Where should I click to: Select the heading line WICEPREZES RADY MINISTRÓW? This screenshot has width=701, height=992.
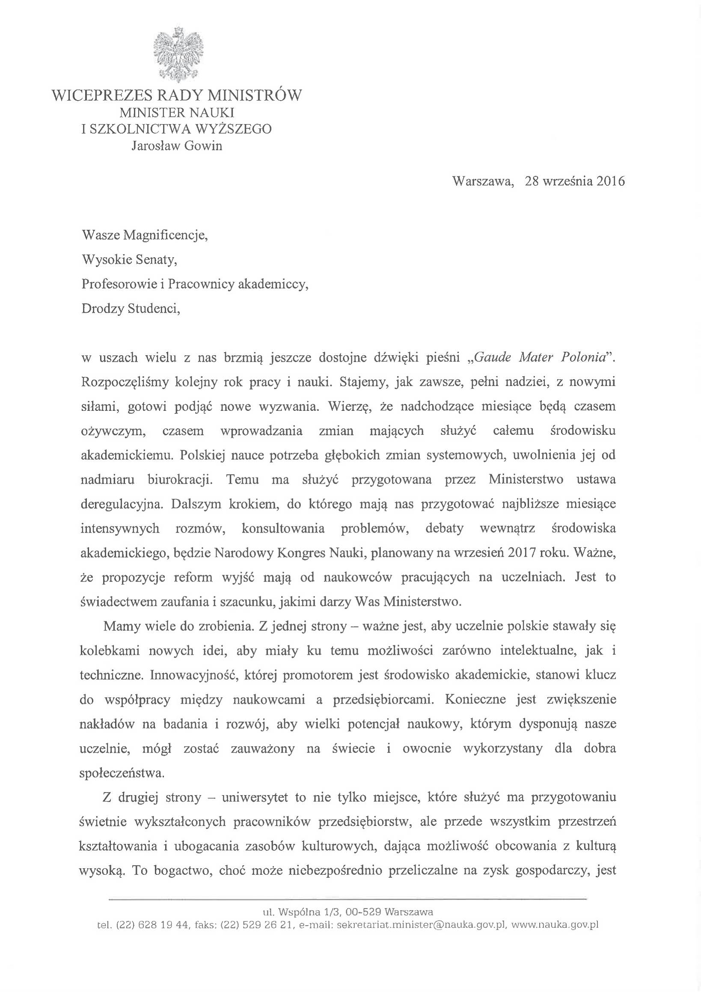tap(177, 95)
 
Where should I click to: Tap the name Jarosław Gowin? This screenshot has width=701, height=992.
tap(177, 146)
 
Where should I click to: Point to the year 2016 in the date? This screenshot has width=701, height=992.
tap(610, 181)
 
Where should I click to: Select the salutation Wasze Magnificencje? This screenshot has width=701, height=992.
tap(144, 235)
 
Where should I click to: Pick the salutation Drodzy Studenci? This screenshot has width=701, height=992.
tap(131, 309)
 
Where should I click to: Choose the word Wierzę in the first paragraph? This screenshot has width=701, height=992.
tap(348, 407)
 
